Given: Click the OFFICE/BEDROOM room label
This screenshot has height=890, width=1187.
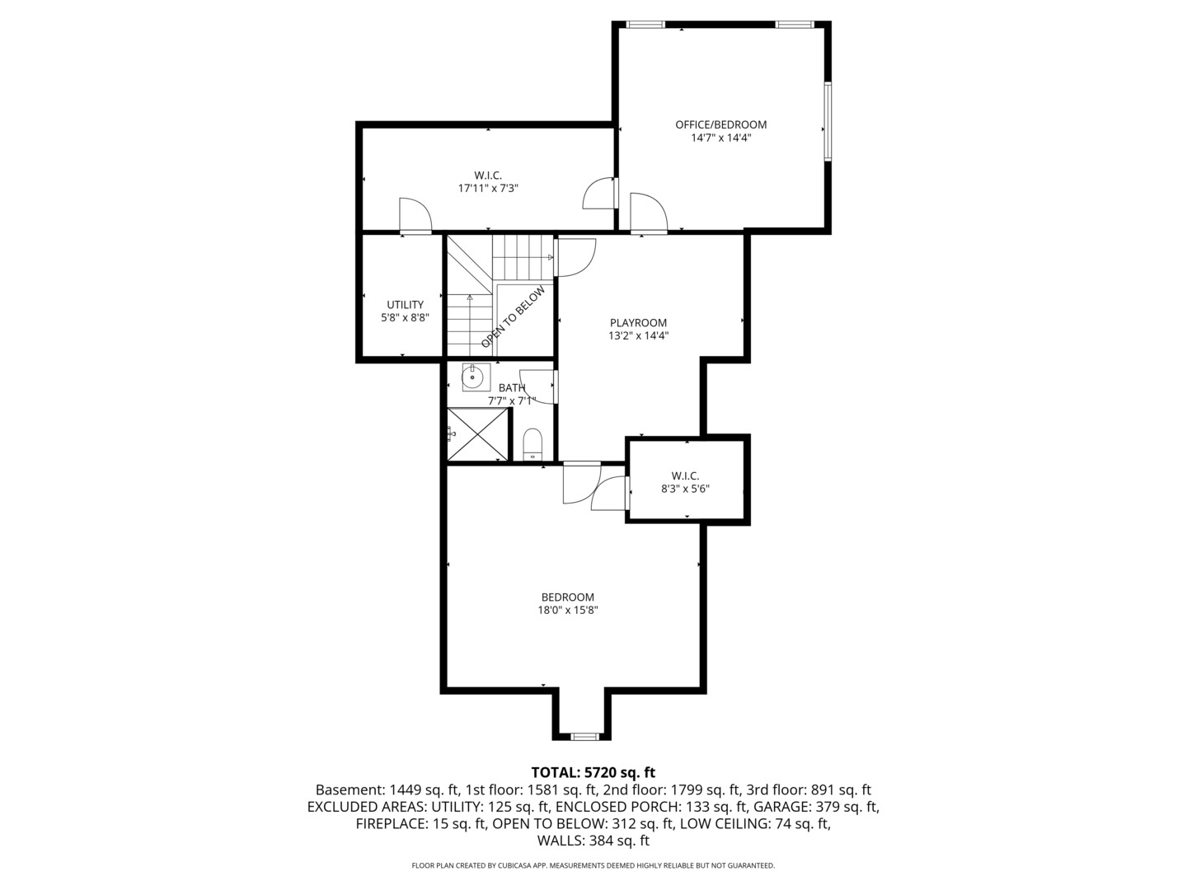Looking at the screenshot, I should [x=720, y=124].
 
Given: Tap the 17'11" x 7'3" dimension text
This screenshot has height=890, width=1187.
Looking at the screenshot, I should [x=488, y=188].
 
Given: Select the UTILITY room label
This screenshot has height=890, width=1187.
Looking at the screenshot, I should [x=405, y=305].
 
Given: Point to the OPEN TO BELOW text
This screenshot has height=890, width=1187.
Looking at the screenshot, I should [x=514, y=317].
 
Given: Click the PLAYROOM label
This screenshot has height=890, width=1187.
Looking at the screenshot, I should [x=638, y=322].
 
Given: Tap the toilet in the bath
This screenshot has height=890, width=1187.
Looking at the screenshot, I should [x=532, y=443].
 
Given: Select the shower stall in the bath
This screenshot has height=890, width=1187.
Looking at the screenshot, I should [x=476, y=434].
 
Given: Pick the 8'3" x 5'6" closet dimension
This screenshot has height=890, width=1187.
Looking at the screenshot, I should [x=685, y=489].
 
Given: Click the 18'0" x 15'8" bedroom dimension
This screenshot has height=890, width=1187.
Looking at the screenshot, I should [x=567, y=611].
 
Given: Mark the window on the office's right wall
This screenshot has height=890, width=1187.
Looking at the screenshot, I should [x=828, y=120].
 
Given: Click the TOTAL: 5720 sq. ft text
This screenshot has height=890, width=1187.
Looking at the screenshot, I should [x=593, y=772].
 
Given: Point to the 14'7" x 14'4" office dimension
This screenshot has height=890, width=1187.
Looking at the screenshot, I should [x=720, y=138].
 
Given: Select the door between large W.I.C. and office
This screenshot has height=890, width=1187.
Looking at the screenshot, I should [x=599, y=194].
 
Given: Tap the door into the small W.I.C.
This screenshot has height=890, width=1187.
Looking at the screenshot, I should [x=610, y=493].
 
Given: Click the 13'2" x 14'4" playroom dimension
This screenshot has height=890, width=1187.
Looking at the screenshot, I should [x=638, y=335].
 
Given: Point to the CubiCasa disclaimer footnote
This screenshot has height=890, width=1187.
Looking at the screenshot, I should [x=593, y=865].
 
